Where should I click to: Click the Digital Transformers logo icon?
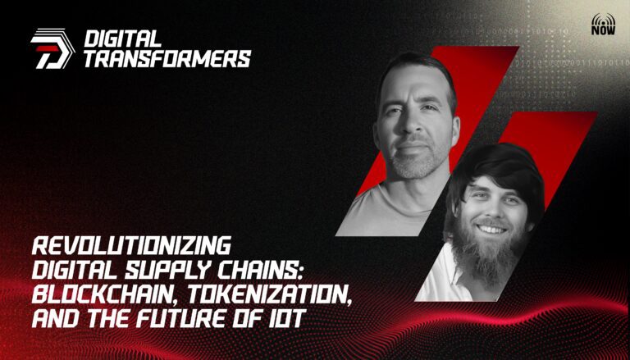(52, 48)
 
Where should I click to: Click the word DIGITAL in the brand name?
(123, 39)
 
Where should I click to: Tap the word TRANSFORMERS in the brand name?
(167, 59)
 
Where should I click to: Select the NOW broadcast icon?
(603, 24)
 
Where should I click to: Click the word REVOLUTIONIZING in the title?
(131, 245)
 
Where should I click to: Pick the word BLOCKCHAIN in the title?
(106, 294)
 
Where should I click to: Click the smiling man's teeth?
(491, 230)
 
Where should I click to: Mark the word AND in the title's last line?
(57, 319)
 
